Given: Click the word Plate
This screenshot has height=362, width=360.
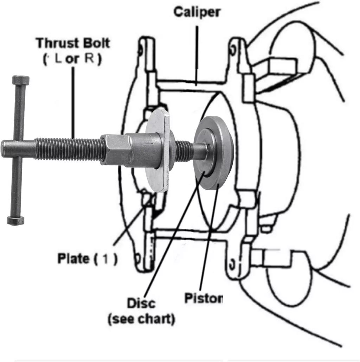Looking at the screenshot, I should (x=73, y=259).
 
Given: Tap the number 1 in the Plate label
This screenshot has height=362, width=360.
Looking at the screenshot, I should (x=105, y=260).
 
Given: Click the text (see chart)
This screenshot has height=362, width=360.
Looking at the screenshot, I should (x=141, y=319).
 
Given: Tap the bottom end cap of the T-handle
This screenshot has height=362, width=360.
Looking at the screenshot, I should (x=16, y=221).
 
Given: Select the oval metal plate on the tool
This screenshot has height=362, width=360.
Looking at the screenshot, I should (x=158, y=151).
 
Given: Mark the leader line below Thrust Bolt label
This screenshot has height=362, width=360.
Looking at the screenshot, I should (x=73, y=102).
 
